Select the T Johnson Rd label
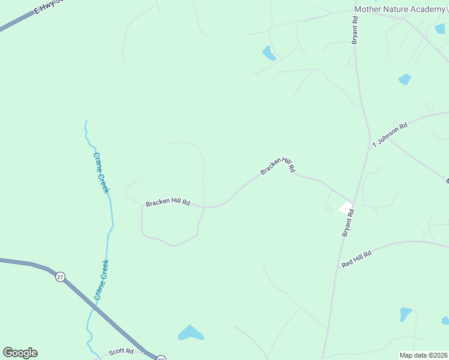[390, 135]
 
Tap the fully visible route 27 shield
[60, 277]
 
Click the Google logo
[20, 353]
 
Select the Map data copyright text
[424, 355]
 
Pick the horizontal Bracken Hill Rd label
[167, 203]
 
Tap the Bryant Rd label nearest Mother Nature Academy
[355, 29]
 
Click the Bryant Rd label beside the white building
[348, 223]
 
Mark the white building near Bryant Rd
[346, 208]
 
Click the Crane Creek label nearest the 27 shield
[101, 280]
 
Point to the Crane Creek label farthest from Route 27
[101, 172]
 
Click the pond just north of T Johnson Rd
[405, 79]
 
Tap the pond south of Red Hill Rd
[406, 314]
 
